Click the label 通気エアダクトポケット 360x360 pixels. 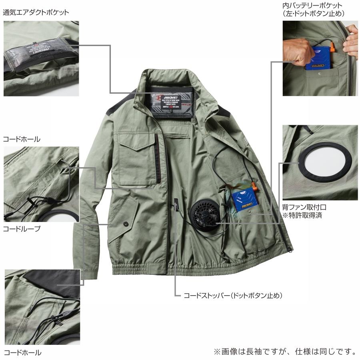click(x=36, y=12)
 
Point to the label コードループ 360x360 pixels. click(x=22, y=229)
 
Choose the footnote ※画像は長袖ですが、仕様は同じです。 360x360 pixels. click(x=285, y=352)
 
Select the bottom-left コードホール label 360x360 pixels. click(x=22, y=353)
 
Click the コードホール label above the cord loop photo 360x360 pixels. click(x=22, y=139)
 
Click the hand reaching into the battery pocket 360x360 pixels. click(x=298, y=51)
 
